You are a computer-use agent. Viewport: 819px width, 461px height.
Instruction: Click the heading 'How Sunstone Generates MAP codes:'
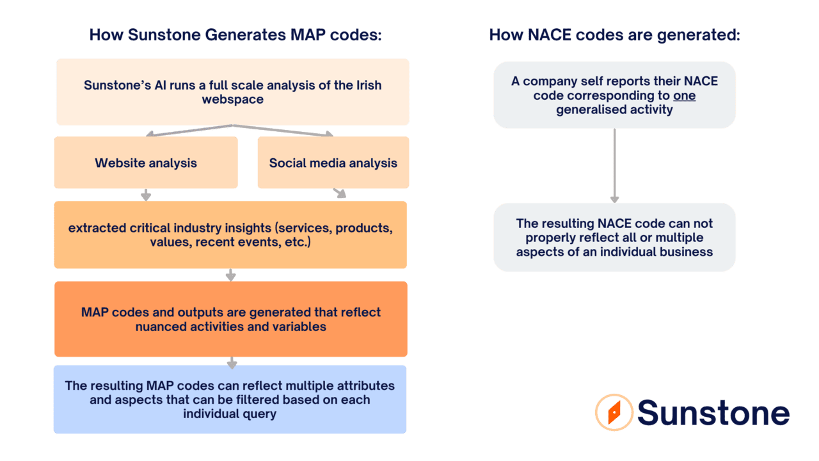[235, 35]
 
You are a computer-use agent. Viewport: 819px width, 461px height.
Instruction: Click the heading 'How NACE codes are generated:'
[614, 35]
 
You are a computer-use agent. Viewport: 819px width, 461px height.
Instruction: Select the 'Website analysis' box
[146, 163]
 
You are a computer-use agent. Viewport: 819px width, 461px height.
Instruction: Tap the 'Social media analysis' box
[333, 163]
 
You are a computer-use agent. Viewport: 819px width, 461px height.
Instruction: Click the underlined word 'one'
[684, 95]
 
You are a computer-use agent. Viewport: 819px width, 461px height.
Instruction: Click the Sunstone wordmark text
[713, 412]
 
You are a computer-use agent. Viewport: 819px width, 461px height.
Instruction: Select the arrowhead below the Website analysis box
[146, 195]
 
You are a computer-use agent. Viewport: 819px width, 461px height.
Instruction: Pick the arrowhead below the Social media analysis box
[340, 193]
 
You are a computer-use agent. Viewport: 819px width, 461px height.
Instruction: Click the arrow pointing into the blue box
[232, 363]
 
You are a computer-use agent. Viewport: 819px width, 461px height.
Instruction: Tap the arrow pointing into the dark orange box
[231, 276]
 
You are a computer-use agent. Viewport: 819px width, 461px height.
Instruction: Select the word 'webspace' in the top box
[232, 99]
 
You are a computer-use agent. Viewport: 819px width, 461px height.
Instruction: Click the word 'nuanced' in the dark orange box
[161, 327]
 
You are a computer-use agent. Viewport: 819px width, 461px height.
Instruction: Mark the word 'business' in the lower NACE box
[688, 252]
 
